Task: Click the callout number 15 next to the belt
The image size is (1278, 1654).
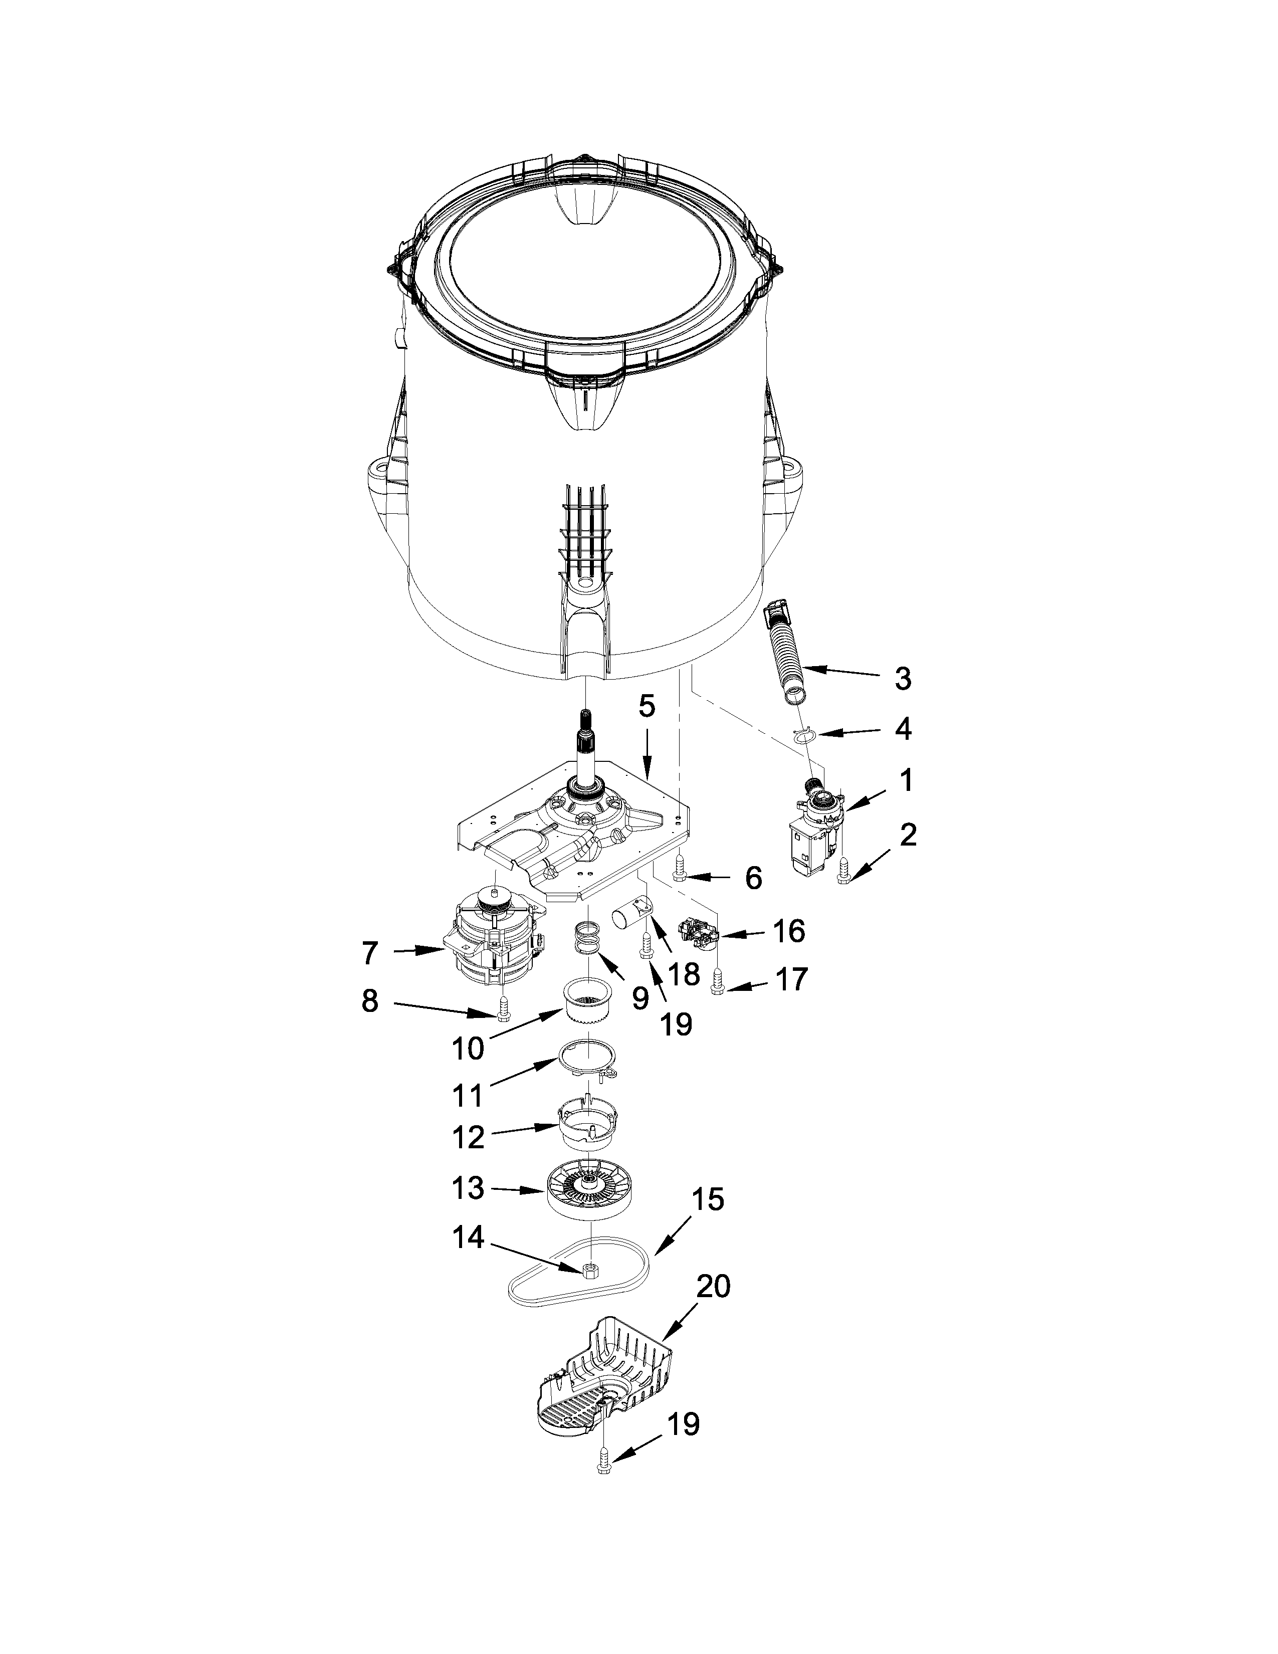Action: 707,1199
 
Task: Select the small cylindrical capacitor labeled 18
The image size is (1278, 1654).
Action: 631,909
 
